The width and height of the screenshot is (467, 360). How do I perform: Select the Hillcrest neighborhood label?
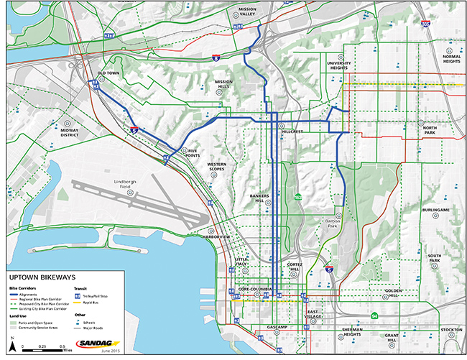[x=294, y=132]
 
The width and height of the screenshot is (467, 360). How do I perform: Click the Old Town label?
[x=108, y=74]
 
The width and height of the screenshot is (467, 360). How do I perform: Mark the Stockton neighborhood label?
[x=451, y=330]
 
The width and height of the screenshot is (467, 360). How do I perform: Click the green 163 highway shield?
[x=297, y=195]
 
